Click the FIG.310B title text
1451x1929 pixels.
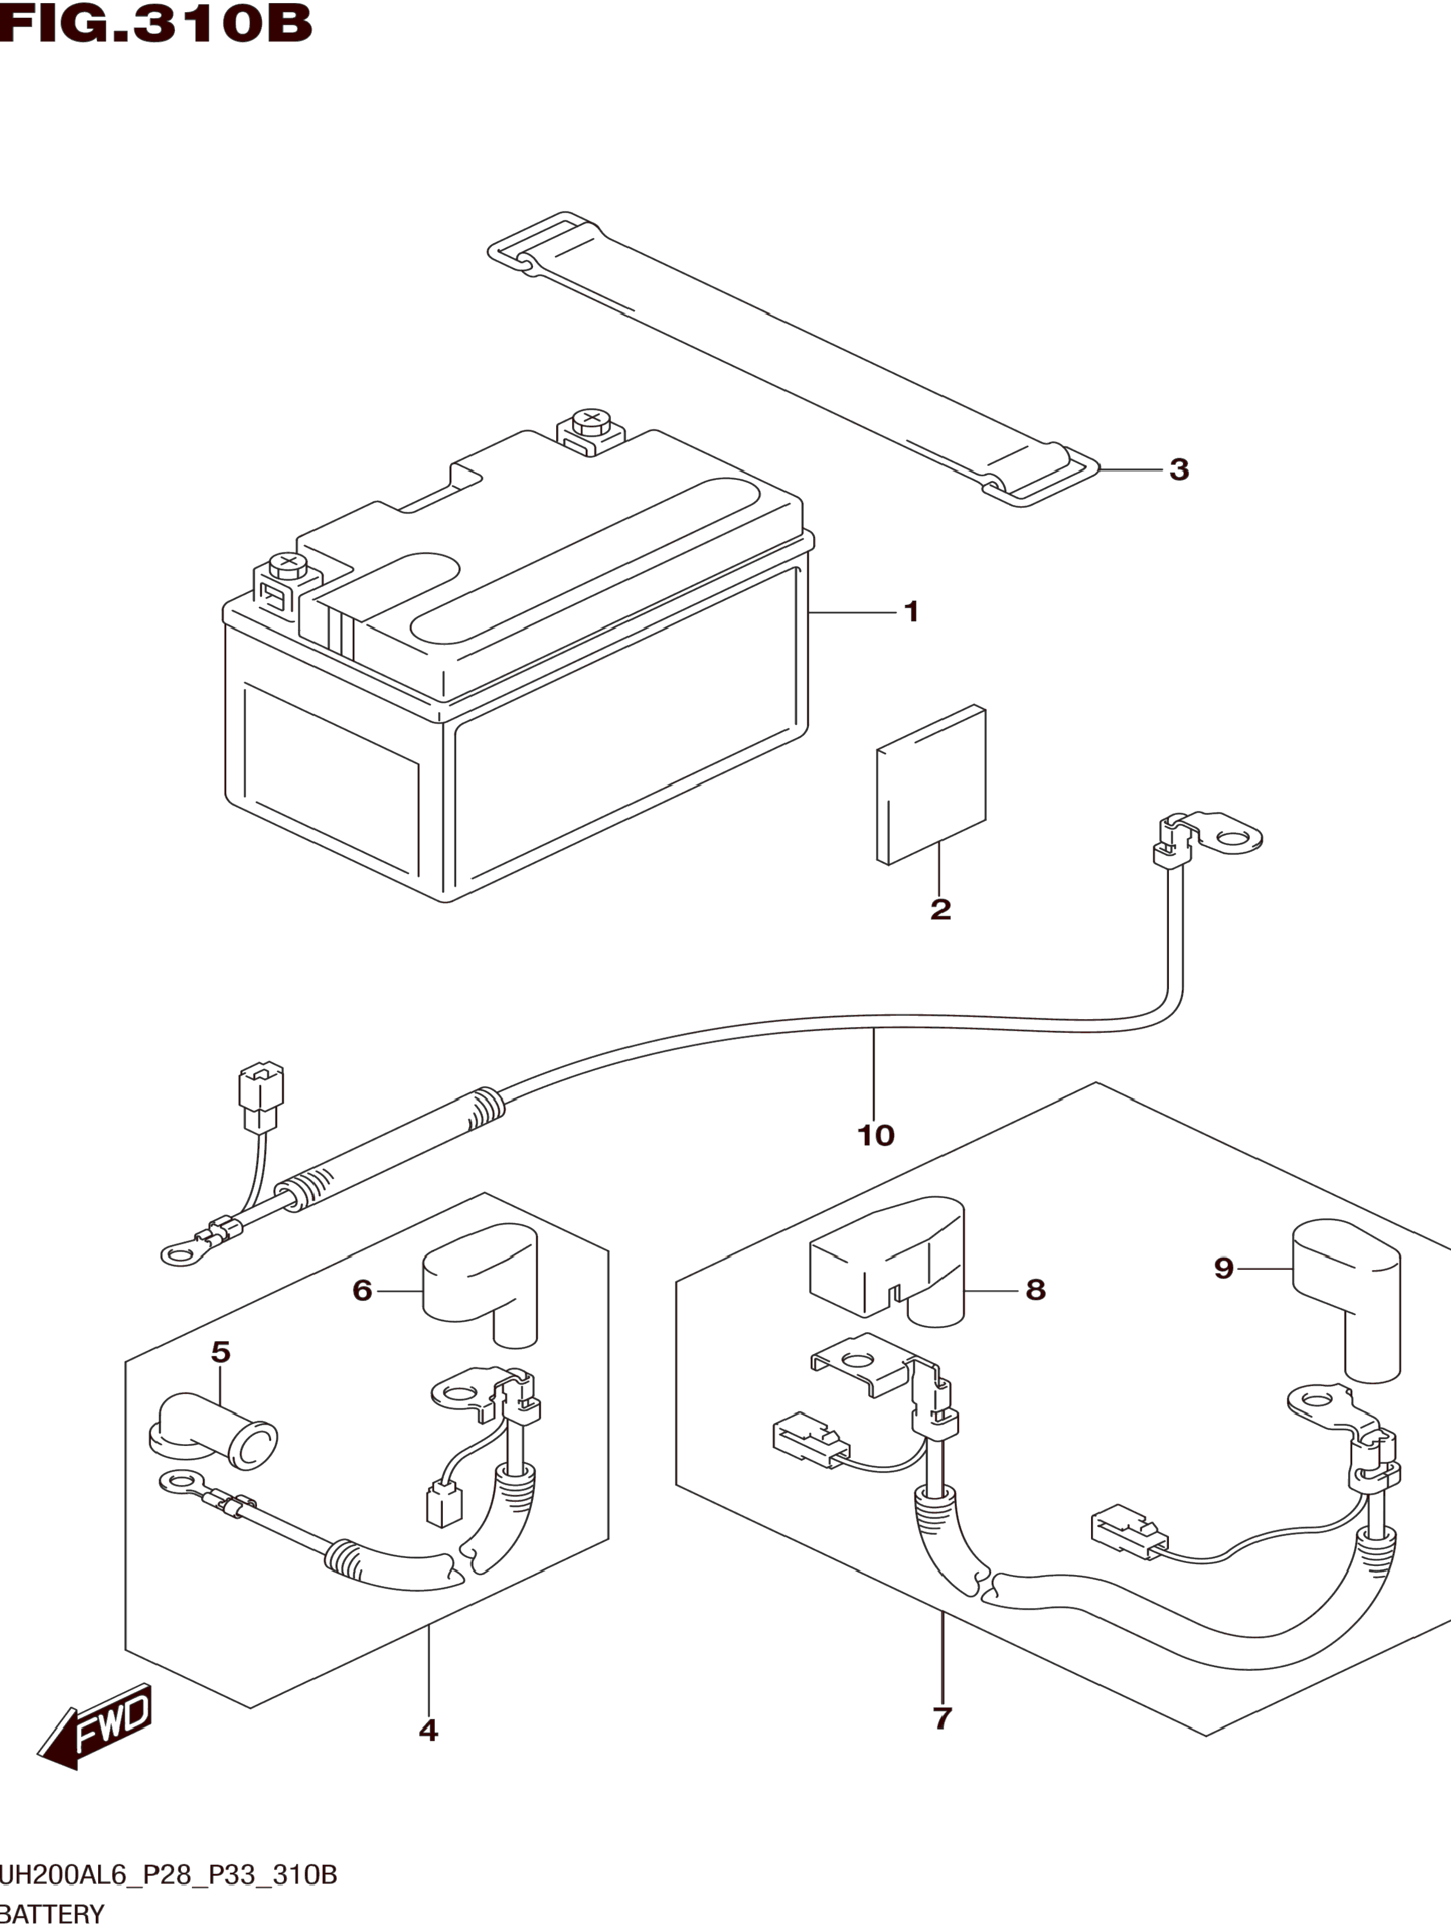tap(155, 24)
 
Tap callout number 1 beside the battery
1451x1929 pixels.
tap(911, 612)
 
